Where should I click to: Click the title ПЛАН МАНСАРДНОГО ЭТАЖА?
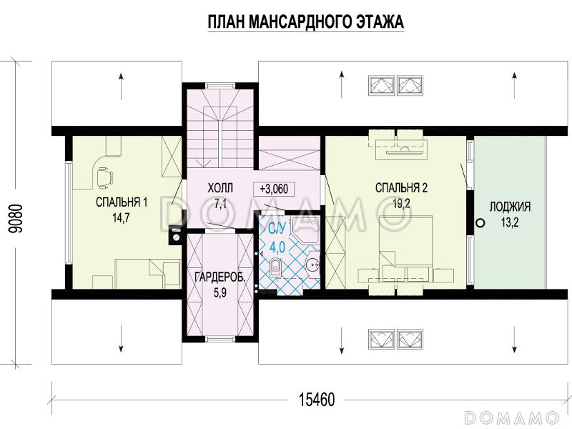(x=305, y=23)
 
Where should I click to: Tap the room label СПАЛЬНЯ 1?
(x=122, y=203)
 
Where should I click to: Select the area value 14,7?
(x=121, y=219)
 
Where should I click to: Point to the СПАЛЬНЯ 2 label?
(x=401, y=188)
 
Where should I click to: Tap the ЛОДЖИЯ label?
(x=510, y=207)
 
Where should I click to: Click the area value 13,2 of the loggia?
(x=510, y=223)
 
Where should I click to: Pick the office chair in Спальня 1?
(x=104, y=174)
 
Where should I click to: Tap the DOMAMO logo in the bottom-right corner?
(x=511, y=416)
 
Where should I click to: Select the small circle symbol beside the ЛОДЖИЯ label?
(x=480, y=222)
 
